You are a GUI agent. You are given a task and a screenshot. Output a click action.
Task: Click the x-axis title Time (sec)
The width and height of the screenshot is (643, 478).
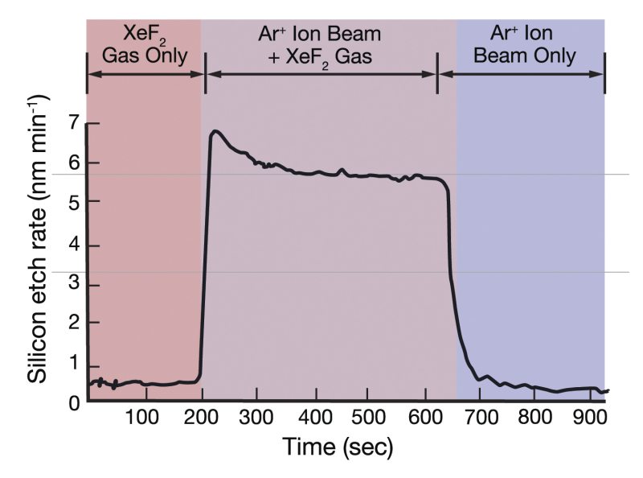pos(337,447)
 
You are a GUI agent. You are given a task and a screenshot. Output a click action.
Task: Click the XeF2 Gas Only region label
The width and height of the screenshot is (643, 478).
pos(145,44)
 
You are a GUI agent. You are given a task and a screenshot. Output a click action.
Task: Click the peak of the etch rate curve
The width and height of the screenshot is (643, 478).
pos(215,130)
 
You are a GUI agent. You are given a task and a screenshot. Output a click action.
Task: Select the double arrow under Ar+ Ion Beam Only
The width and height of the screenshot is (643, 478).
pos(523,73)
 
